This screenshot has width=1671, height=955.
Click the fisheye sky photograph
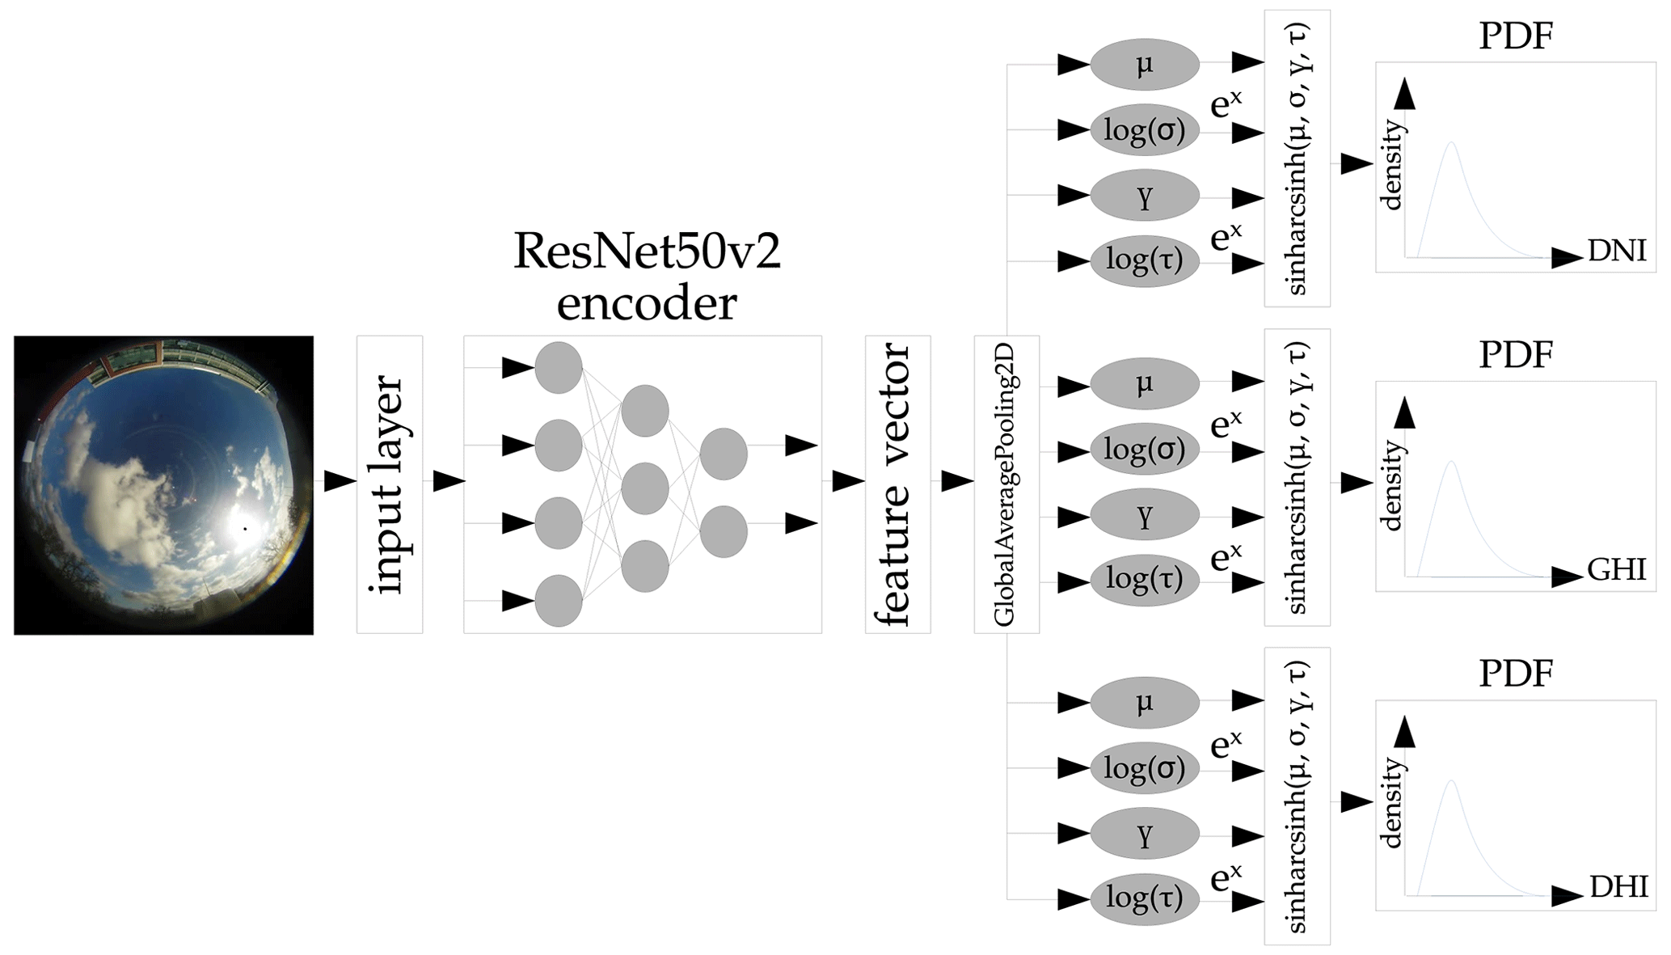[x=163, y=485]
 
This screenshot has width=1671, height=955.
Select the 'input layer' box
[x=390, y=485]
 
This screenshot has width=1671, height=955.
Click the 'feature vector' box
[x=897, y=485]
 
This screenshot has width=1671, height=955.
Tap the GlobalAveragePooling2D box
[x=1006, y=485]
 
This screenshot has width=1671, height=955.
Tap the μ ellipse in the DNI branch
[x=1144, y=64]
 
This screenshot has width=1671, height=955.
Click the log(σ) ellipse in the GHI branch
[x=1144, y=449]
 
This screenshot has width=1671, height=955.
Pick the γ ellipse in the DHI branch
[x=1144, y=834]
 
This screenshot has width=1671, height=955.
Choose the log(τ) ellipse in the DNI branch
[x=1144, y=260]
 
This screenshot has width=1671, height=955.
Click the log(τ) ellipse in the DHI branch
[x=1144, y=898]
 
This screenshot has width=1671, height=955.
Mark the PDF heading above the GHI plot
[x=1516, y=354]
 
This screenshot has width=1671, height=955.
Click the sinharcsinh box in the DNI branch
[x=1297, y=158]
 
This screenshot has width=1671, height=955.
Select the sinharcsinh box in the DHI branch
[x=1297, y=797]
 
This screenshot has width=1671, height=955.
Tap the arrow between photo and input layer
[x=340, y=480]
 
